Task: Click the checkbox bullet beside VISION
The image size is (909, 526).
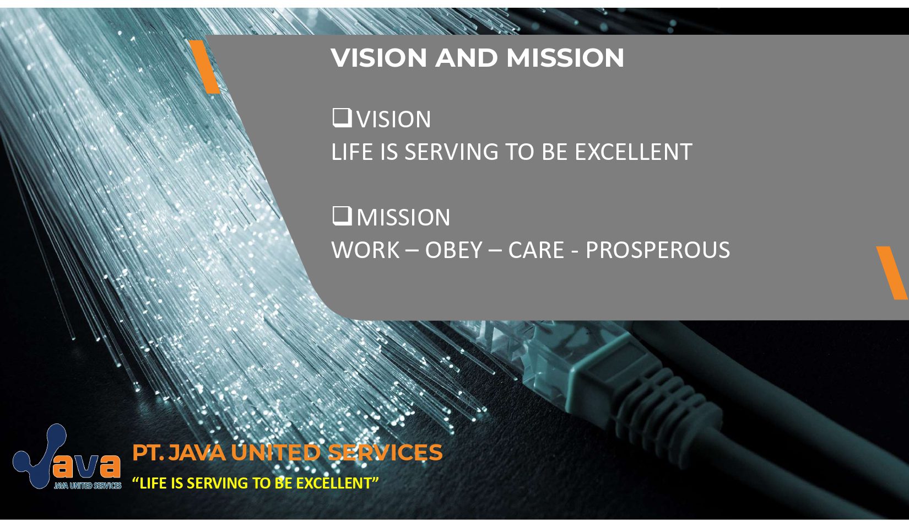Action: click(342, 118)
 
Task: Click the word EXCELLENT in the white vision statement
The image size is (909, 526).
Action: click(633, 152)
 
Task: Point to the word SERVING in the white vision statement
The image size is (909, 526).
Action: click(451, 152)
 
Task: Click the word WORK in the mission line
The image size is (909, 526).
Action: click(365, 250)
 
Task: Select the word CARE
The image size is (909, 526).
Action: click(536, 250)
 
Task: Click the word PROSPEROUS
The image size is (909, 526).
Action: click(657, 250)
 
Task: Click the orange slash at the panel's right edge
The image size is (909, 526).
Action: click(892, 272)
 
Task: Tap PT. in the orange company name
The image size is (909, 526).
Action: click(147, 453)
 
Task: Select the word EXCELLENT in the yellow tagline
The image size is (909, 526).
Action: click(337, 484)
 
